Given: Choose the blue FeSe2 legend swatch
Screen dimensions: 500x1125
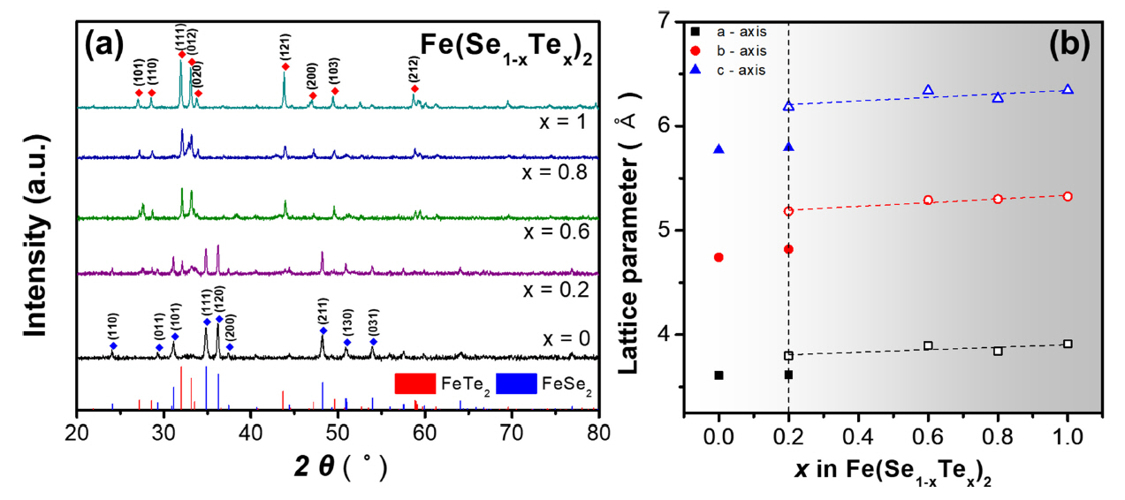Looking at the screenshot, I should click(x=517, y=383).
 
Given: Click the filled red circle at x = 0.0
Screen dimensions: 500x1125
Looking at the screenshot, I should click(x=718, y=257).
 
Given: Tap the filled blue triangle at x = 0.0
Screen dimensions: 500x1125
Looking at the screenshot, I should click(x=718, y=149).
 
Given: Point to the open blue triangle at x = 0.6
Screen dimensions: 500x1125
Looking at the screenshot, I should click(x=928, y=90).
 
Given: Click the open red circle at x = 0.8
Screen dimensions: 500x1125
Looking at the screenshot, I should click(x=998, y=199).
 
